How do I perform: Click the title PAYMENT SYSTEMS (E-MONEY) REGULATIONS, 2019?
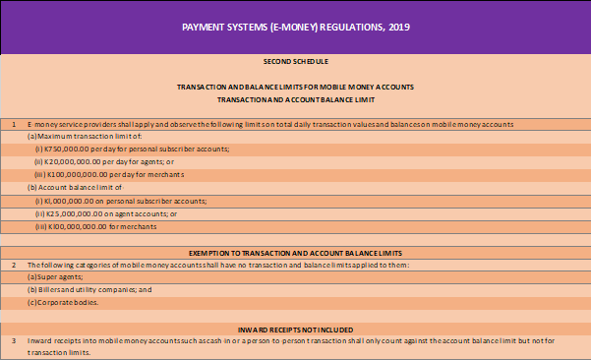click(x=295, y=26)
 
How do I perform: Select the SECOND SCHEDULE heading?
click(x=295, y=61)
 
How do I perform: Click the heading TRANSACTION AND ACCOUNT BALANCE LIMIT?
click(x=295, y=99)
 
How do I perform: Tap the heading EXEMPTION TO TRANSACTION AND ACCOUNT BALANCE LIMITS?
click(x=295, y=253)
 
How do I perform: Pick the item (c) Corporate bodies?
click(x=64, y=303)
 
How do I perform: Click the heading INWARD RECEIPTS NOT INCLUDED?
click(x=295, y=328)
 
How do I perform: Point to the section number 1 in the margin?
click(x=13, y=124)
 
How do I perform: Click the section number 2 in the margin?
click(x=13, y=266)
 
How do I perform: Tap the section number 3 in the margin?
click(x=13, y=339)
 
